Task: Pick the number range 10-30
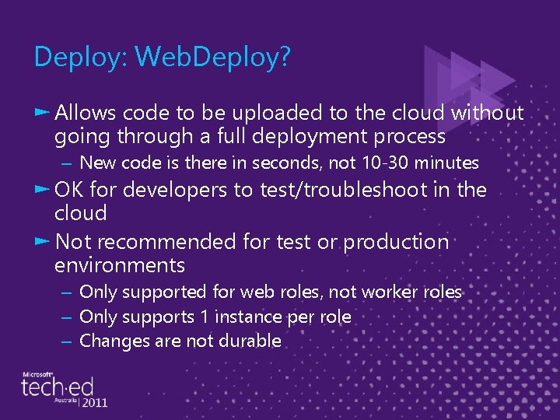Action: tap(380, 163)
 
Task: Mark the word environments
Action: tap(119, 266)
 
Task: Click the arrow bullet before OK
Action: tap(43, 190)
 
